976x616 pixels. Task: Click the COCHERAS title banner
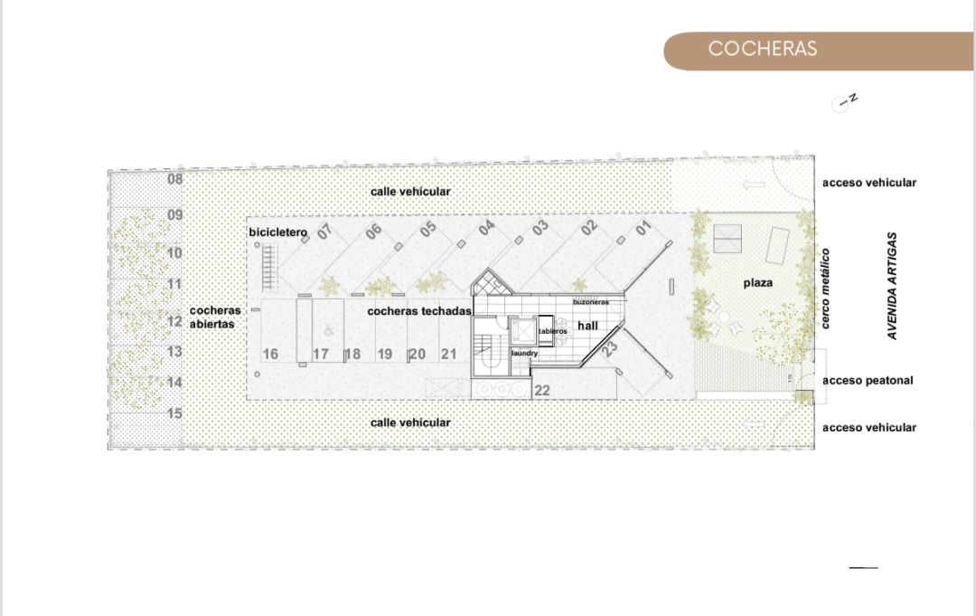819,51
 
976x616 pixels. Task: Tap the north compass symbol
844,103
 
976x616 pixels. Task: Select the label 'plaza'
757,283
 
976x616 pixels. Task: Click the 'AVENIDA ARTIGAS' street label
893,286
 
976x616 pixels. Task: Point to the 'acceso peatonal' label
868,380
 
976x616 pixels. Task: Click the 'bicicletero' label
277,232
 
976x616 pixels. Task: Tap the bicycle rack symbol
269,268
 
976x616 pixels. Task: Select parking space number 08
175,179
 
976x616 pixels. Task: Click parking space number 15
175,413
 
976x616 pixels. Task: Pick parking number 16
270,355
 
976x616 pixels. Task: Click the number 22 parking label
542,391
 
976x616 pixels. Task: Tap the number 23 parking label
609,348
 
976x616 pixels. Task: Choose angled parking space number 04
486,227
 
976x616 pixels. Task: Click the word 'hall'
587,326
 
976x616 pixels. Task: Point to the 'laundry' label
525,353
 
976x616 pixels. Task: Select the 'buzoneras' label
591,302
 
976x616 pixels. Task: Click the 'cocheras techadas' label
419,311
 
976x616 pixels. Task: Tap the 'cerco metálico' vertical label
825,289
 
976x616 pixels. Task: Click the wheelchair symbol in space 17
328,331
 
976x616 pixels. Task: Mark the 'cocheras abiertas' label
215,317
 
